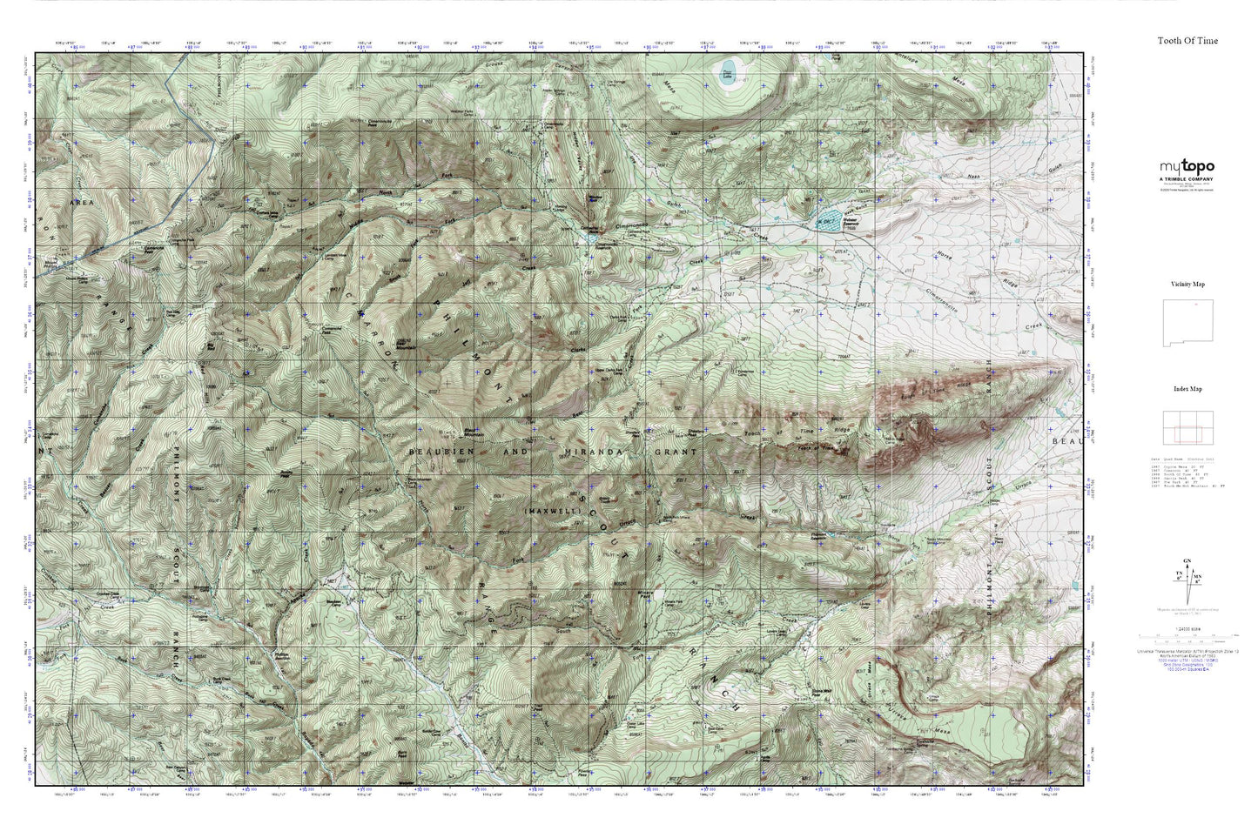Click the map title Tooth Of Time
tap(1187, 41)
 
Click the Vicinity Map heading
tap(1187, 285)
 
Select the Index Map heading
tap(1187, 389)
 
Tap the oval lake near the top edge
tap(727, 70)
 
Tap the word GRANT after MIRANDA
tap(676, 453)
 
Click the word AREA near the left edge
tap(81, 201)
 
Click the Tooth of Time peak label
tap(810, 449)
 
